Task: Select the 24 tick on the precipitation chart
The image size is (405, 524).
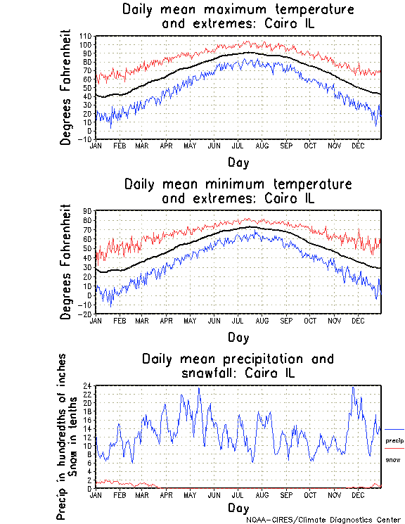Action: [x=89, y=385]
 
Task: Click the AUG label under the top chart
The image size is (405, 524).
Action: [x=262, y=146]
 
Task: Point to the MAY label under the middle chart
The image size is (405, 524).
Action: [x=190, y=320]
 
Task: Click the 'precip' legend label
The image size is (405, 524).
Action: [x=394, y=440]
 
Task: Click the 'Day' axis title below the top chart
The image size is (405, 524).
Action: [x=238, y=162]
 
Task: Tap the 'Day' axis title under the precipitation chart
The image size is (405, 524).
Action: [x=238, y=507]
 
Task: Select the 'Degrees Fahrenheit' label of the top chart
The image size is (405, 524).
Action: [x=66, y=87]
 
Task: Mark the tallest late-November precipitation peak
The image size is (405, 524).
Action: [x=353, y=387]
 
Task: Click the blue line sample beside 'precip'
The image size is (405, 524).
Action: [x=394, y=429]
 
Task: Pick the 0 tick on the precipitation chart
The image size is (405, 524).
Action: [x=90, y=488]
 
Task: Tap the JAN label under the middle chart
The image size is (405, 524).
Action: [x=96, y=320]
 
